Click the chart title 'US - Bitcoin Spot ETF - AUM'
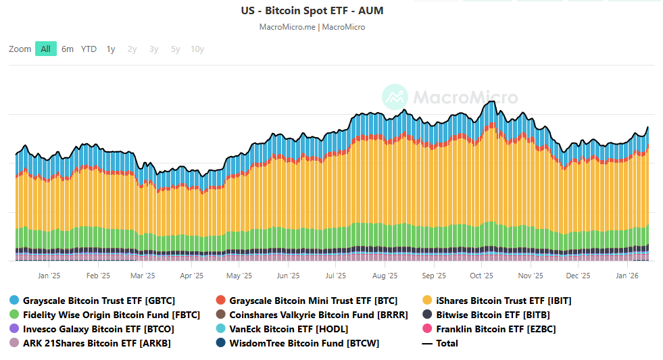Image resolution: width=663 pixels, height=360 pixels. point(312,11)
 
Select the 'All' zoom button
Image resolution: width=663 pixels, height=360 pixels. point(45,49)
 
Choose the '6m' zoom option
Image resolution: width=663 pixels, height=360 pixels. point(68,49)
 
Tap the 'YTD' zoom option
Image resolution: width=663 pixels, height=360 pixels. point(89,49)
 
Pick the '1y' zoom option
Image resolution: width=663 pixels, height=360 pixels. point(111,49)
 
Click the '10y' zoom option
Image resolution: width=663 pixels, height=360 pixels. point(197,49)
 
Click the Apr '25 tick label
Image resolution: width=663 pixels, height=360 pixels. point(192,276)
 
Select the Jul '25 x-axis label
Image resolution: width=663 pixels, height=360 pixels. point(336,276)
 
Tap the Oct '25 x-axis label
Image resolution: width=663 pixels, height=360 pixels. point(481,276)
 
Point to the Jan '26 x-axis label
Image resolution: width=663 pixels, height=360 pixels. point(628,276)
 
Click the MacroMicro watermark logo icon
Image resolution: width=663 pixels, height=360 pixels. point(395,97)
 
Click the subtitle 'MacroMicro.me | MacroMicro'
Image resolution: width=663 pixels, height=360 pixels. point(312,27)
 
